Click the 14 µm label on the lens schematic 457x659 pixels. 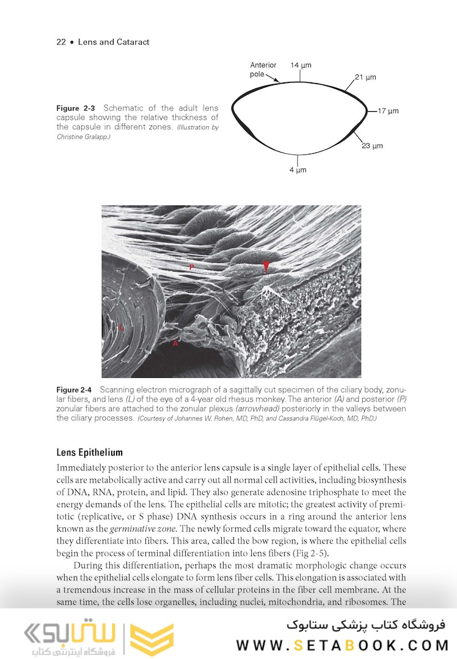tap(300, 65)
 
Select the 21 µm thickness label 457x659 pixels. tap(365, 77)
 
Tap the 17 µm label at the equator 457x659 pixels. tap(388, 111)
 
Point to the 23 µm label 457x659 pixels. tap(372, 146)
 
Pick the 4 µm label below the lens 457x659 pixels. tap(298, 170)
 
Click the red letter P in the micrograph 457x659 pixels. tap(191, 268)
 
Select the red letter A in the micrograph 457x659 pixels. tap(175, 344)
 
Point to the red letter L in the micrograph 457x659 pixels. tap(122, 328)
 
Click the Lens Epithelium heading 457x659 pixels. tap(89, 453)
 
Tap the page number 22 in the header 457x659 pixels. tap(61, 42)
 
